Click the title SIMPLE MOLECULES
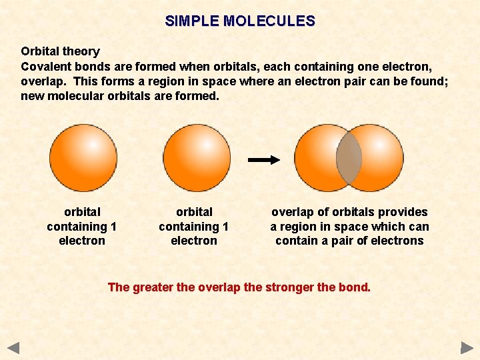click(x=240, y=21)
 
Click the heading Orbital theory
click(x=60, y=51)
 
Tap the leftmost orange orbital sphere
click(x=83, y=158)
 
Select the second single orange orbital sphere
click(x=197, y=158)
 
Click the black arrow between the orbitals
click(x=263, y=160)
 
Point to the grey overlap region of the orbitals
click(x=349, y=159)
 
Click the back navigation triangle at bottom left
click(x=13, y=347)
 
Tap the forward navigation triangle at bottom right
click(x=467, y=347)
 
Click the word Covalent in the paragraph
click(x=45, y=67)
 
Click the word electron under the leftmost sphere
click(x=82, y=241)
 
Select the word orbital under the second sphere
click(x=194, y=212)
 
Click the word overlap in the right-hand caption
click(x=291, y=212)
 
